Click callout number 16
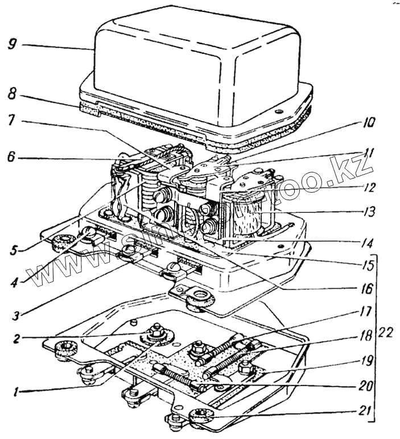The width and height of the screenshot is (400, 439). (x=366, y=289)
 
